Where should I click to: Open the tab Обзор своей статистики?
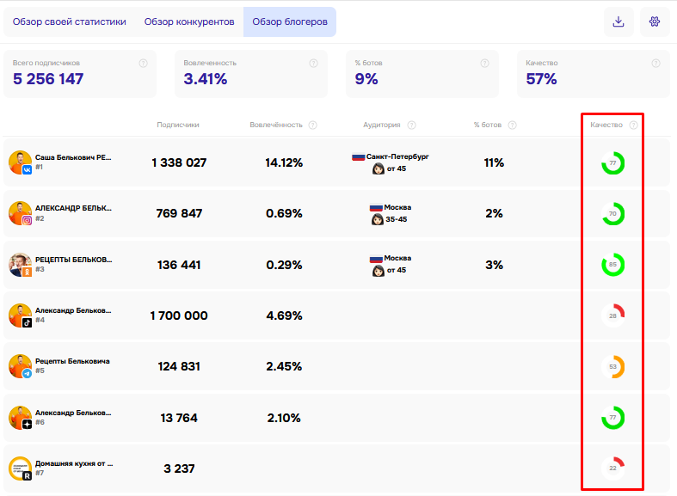tap(69, 22)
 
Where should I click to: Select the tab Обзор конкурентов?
tap(189, 22)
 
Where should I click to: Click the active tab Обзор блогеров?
tap(290, 22)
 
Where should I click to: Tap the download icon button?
tap(619, 21)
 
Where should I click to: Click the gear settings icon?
tap(655, 21)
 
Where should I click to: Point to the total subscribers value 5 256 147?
tap(48, 79)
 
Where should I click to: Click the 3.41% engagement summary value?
tap(205, 79)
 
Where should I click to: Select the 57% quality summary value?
tap(541, 79)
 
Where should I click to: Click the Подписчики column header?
tap(178, 125)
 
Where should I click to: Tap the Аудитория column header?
tap(382, 125)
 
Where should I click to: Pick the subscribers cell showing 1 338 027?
tap(179, 162)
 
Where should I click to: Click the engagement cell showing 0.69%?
tap(284, 213)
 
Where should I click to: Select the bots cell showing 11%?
tap(494, 162)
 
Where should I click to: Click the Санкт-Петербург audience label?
tap(397, 156)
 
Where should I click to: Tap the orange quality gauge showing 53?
tap(622, 366)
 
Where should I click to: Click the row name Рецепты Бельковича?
tap(72, 361)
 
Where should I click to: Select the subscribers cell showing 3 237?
tap(179, 468)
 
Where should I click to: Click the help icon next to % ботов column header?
tap(512, 126)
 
